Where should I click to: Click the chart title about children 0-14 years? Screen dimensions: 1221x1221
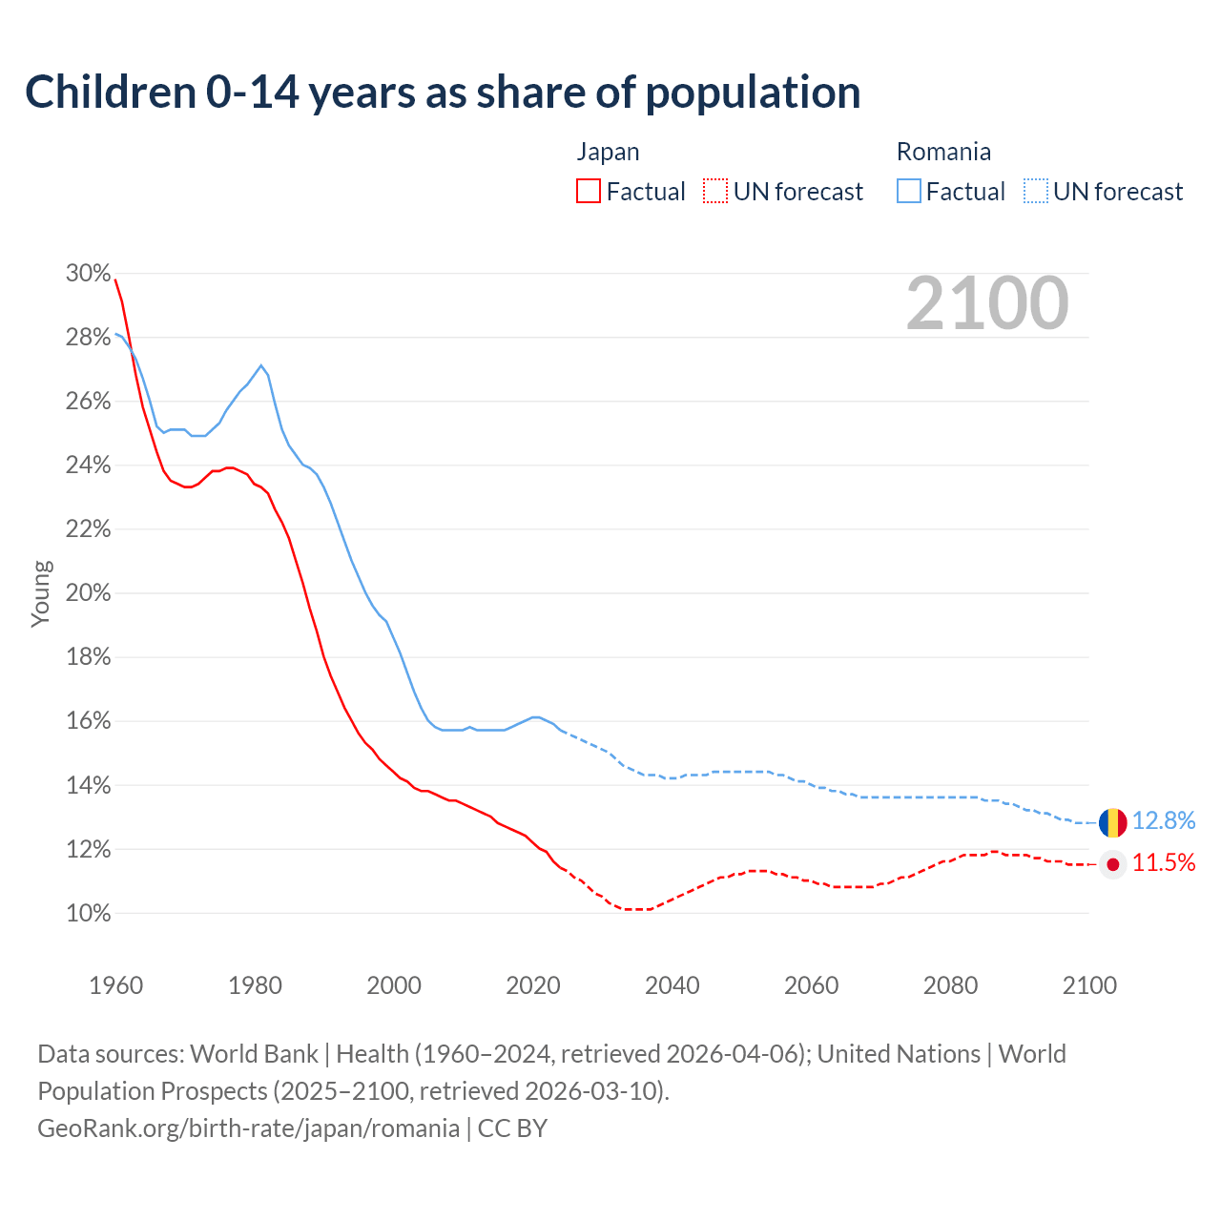[x=443, y=93]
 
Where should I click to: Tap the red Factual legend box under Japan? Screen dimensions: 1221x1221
[x=589, y=191]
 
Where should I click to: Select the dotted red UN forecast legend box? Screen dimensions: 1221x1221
[x=715, y=191]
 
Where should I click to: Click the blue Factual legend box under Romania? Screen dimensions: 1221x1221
[x=909, y=191]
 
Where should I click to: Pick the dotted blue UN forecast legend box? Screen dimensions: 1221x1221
[x=1036, y=191]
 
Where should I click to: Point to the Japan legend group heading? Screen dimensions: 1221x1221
[x=608, y=152]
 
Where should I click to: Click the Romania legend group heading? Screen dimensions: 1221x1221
[x=943, y=152]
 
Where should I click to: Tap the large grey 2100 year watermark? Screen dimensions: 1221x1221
[x=987, y=303]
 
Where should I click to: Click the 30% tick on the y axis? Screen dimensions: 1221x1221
[x=88, y=274]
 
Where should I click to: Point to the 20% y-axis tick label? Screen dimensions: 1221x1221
[x=88, y=593]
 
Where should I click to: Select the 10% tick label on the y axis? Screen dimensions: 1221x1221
[x=88, y=914]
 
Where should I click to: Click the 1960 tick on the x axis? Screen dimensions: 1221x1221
[x=115, y=985]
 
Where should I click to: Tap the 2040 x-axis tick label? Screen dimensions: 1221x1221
[x=672, y=985]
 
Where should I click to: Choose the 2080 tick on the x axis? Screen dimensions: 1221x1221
[x=950, y=985]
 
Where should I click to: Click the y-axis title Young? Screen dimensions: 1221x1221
[x=41, y=593]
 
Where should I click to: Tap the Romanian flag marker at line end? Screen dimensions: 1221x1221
[x=1112, y=821]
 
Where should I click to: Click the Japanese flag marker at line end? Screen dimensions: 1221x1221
[x=1112, y=864]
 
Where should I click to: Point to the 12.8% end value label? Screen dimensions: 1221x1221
[x=1164, y=821]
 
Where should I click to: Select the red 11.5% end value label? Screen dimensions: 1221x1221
[x=1164, y=863]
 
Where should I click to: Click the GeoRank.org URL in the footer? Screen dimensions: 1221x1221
[x=248, y=1128]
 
